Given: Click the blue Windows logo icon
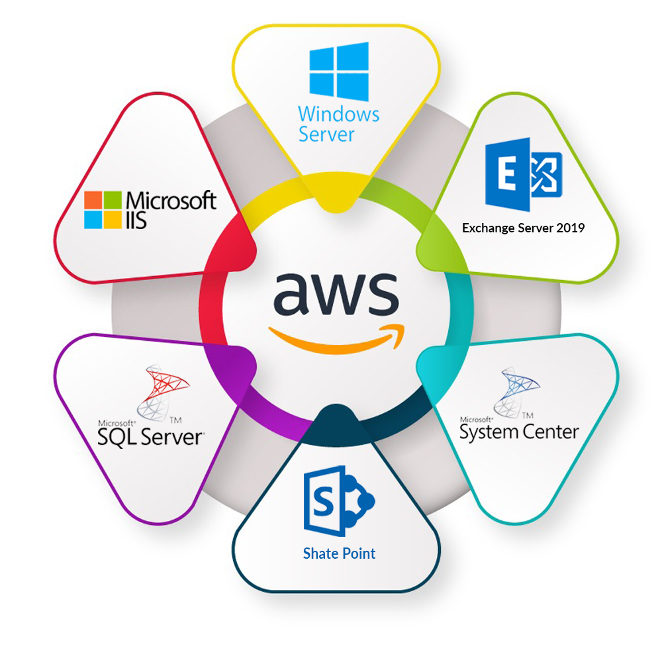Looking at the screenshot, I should [x=339, y=71].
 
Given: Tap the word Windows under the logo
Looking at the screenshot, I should [x=339, y=114].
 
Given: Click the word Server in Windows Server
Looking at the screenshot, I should [x=327, y=134].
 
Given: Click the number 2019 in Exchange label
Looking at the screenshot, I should [x=570, y=228].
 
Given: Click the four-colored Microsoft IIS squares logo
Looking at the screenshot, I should [x=103, y=210].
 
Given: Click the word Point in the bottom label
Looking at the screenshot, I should [x=358, y=553].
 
